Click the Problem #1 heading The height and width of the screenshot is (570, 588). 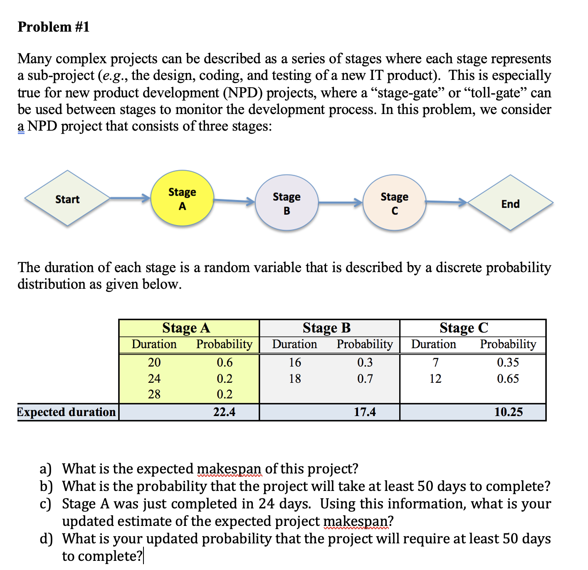[54, 27]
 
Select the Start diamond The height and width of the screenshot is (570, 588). [67, 199]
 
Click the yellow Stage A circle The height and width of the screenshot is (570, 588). [182, 198]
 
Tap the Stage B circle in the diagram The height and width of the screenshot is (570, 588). [287, 203]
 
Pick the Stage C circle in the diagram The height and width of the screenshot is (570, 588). [394, 203]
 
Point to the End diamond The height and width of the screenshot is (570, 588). [510, 203]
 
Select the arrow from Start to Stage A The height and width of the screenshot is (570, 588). [130, 198]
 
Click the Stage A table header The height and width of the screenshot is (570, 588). [186, 328]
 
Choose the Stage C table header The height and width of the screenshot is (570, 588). [464, 328]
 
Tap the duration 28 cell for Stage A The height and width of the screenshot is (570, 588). [154, 394]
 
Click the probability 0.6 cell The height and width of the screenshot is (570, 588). [225, 362]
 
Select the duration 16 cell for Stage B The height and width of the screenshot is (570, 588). [295, 362]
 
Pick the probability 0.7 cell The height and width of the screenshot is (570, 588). [365, 379]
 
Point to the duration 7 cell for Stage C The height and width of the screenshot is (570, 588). [435, 362]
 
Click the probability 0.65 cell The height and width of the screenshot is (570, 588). [508, 379]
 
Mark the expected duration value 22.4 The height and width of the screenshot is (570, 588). [224, 412]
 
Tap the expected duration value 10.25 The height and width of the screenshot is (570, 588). [508, 412]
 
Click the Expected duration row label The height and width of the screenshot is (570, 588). [67, 412]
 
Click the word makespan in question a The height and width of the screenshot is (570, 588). [229, 469]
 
